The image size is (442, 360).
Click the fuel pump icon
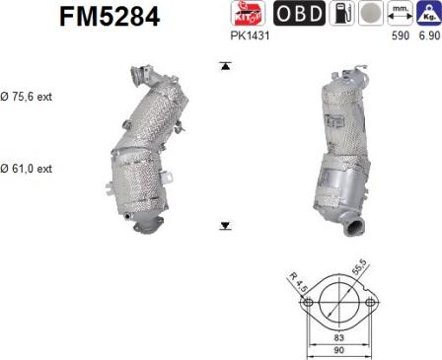(340, 13)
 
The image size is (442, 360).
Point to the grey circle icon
(370, 13)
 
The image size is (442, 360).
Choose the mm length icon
(401, 13)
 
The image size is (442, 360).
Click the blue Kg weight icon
(428, 13)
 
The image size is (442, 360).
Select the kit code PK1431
(250, 35)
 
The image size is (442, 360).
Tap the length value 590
(401, 35)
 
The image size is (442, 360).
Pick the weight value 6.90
(428, 35)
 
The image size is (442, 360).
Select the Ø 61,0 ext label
(28, 169)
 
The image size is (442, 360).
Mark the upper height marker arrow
(226, 66)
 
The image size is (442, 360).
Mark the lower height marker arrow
(226, 226)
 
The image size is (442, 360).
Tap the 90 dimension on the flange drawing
(338, 350)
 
